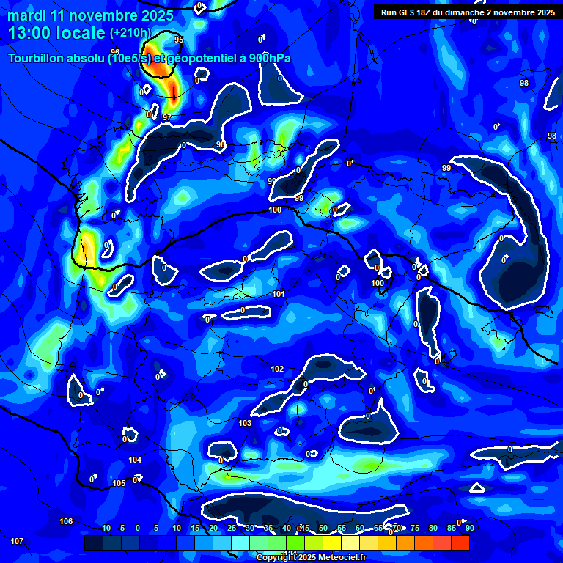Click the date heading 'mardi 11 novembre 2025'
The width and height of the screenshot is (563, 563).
tap(90, 15)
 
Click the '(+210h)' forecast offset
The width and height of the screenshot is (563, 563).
tap(130, 33)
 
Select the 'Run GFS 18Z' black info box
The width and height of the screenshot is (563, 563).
tap(467, 12)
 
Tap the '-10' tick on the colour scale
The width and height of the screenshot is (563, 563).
tap(104, 528)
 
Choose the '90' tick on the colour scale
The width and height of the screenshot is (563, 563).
tap(468, 528)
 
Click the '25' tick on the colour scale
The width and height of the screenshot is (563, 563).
tap(232, 528)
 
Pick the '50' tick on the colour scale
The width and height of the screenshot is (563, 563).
tap(323, 528)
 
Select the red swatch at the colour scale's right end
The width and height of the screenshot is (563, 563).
tap(460, 542)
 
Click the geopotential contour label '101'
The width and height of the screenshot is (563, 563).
tap(279, 294)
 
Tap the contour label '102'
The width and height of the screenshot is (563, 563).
tap(277, 369)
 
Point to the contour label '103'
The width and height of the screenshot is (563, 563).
tap(245, 423)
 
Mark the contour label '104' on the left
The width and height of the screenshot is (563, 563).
tap(135, 460)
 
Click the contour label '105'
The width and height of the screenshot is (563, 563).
tap(119, 483)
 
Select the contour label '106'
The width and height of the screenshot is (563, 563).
tap(66, 521)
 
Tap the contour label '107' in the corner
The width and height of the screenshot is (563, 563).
tap(17, 541)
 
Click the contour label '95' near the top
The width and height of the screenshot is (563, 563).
tap(179, 40)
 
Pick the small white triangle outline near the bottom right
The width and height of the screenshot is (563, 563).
tap(477, 487)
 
